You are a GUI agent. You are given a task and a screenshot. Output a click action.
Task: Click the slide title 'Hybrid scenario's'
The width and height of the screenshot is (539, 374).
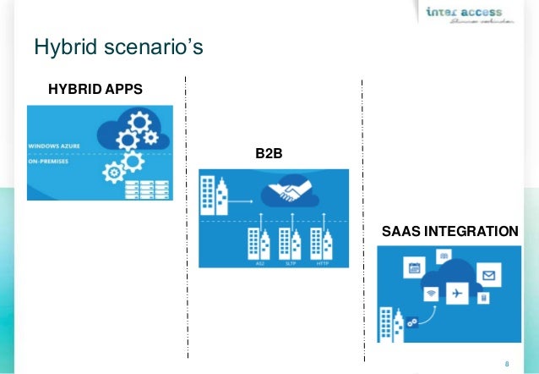[x=118, y=47]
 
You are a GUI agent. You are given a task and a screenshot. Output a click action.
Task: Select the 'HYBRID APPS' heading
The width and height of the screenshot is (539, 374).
[x=95, y=90]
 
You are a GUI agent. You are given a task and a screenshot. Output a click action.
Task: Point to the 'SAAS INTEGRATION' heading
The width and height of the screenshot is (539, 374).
[x=450, y=231]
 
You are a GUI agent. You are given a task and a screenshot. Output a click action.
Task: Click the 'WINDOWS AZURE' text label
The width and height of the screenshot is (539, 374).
[x=57, y=146]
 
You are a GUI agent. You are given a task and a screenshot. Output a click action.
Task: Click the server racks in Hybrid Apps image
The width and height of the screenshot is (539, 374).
[x=142, y=188]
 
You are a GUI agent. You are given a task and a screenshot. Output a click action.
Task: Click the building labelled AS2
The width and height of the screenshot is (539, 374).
[x=259, y=243]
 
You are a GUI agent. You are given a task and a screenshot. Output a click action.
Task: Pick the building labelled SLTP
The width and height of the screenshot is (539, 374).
[x=291, y=243]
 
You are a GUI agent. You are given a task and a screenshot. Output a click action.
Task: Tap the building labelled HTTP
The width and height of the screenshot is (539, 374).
[x=321, y=243]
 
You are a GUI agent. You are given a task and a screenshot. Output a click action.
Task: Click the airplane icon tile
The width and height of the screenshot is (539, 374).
[x=457, y=293]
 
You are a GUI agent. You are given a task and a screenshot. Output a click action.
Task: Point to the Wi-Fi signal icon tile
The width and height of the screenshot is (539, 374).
[x=432, y=294]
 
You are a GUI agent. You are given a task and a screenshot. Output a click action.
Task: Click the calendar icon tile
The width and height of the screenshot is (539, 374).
[x=414, y=269]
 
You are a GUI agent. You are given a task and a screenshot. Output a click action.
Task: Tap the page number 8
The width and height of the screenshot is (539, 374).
[x=506, y=364]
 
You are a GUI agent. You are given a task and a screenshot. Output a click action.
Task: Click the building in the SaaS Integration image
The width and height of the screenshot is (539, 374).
[x=393, y=323]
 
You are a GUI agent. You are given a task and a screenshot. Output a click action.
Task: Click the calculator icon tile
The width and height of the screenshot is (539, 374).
[x=482, y=299]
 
